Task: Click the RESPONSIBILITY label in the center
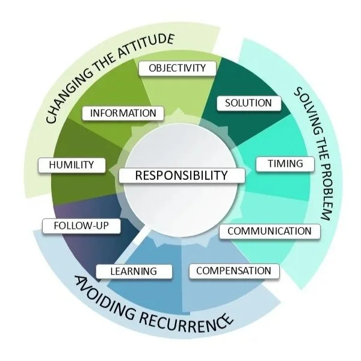182,176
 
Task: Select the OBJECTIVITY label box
177,68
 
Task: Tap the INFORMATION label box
123,113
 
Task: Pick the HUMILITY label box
71,165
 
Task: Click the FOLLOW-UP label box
82,226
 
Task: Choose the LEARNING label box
133,271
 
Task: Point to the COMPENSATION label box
233,271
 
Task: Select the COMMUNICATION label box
269,231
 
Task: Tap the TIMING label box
281,164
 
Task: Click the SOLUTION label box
248,103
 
